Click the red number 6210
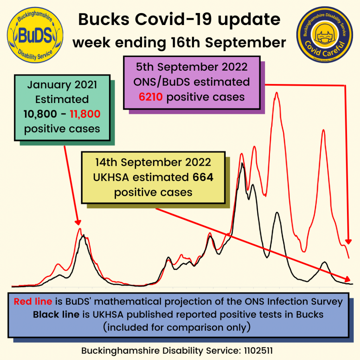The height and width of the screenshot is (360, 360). [x=151, y=97]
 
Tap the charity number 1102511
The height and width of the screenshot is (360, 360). [x=258, y=351]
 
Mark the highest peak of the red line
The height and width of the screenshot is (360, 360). [x=277, y=93]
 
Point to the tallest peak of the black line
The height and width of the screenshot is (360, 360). [x=242, y=163]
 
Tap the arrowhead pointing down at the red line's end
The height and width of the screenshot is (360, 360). [x=348, y=242]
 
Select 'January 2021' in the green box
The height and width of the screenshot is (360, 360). [x=62, y=85]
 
